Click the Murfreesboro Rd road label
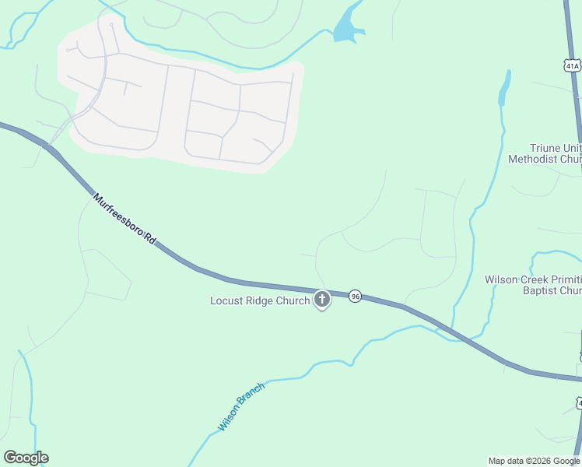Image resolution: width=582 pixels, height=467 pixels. [x=124, y=220]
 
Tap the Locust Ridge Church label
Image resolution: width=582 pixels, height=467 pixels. [x=260, y=300]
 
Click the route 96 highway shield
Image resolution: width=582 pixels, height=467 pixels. [x=355, y=296]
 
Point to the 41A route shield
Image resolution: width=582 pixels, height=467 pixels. [x=573, y=65]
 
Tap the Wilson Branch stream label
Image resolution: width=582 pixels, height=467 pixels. [x=241, y=406]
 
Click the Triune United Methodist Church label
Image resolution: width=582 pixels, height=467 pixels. [x=545, y=153]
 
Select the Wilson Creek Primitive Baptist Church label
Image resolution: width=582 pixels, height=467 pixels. [x=534, y=285]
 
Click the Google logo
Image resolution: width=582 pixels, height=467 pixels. [x=26, y=458]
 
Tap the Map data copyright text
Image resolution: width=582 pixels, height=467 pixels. [x=535, y=461]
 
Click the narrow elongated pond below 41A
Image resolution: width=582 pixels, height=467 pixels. [x=504, y=89]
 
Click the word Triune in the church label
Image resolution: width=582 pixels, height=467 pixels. [x=545, y=148]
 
